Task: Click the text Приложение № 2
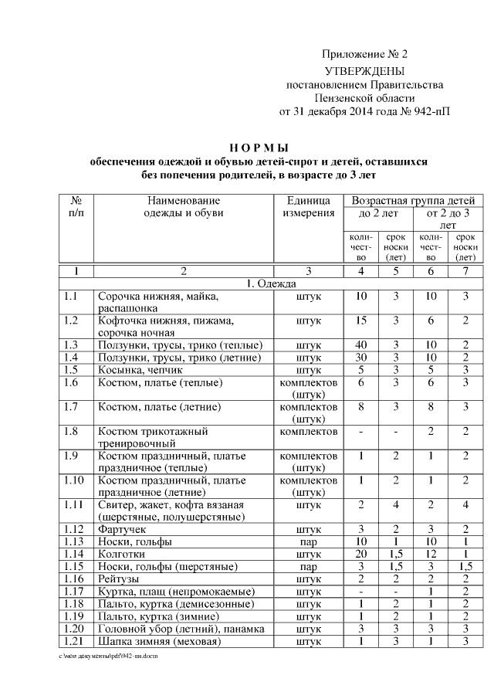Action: coord(364,54)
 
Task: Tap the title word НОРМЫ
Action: coord(259,148)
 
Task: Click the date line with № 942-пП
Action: coord(364,111)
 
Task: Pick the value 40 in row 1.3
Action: coord(361,344)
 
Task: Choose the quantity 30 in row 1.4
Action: coord(361,357)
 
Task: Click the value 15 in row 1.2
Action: coord(361,320)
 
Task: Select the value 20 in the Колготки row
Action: coord(361,554)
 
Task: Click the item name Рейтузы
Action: coord(120,579)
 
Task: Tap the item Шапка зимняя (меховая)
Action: coord(159,640)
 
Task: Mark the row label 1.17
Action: coord(74,591)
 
